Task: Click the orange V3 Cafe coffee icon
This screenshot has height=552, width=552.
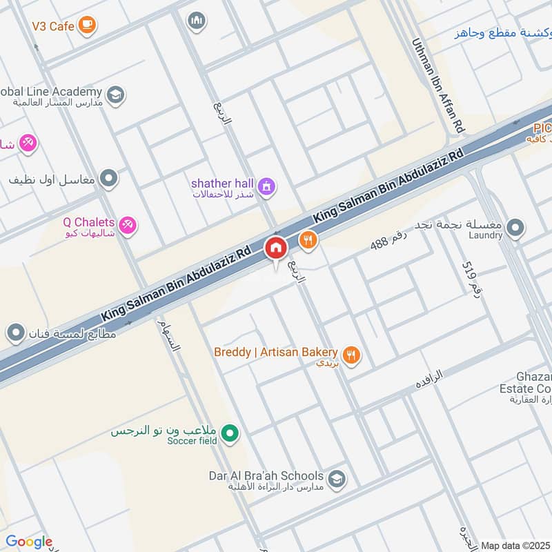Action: (x=86, y=26)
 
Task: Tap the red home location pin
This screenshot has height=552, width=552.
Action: (x=276, y=248)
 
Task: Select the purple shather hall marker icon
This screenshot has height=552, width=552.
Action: (x=266, y=186)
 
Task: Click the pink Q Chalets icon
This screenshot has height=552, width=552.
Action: (x=127, y=224)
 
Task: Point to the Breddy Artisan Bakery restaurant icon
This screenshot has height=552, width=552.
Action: (x=352, y=355)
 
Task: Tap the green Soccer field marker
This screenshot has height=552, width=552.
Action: (x=233, y=434)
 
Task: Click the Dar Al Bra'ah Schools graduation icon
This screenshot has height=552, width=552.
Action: (x=336, y=479)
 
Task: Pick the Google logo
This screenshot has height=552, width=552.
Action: (x=28, y=542)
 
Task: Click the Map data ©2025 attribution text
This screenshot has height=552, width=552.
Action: (x=515, y=545)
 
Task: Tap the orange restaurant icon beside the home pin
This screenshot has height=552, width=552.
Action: (x=308, y=240)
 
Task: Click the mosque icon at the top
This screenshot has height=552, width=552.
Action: (x=197, y=21)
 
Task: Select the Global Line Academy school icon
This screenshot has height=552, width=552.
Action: (x=115, y=95)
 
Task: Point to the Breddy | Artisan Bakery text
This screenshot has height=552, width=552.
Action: (x=275, y=352)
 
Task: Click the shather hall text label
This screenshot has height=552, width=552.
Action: (x=223, y=183)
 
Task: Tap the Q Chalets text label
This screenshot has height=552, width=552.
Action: (x=88, y=222)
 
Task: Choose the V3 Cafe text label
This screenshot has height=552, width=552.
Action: (x=52, y=26)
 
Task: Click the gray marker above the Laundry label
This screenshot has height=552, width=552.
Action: (x=515, y=227)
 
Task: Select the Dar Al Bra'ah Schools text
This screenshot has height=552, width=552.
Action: (x=266, y=476)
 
